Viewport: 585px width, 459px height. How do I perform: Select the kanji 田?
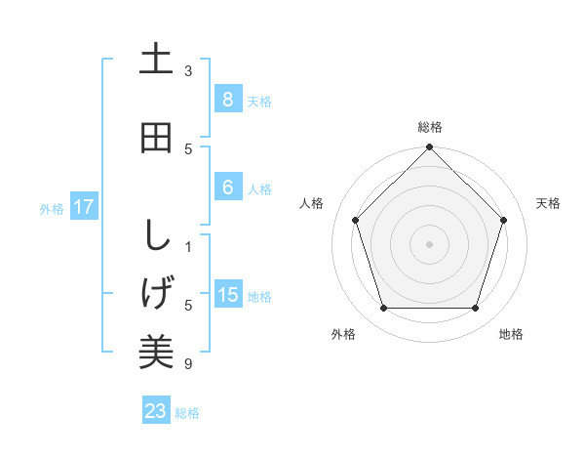point(156,137)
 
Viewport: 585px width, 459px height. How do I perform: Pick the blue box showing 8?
point(227,100)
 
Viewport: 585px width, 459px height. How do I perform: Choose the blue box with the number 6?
point(227,188)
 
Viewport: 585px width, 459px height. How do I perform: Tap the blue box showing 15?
point(227,295)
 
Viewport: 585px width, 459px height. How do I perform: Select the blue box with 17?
point(84,207)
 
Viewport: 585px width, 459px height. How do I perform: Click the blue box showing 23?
point(156,411)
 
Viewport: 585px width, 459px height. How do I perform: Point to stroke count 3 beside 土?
point(188,71)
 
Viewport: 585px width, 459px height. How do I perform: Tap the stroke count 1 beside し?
point(188,246)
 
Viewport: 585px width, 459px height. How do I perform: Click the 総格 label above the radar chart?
point(430,127)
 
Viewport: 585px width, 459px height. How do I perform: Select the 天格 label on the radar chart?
point(548,203)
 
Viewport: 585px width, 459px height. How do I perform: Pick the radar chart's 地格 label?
point(511,334)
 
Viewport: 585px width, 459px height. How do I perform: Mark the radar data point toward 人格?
point(356,220)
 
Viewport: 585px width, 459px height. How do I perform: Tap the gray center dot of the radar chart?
point(430,243)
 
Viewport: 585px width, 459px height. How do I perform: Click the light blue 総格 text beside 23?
point(187,413)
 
